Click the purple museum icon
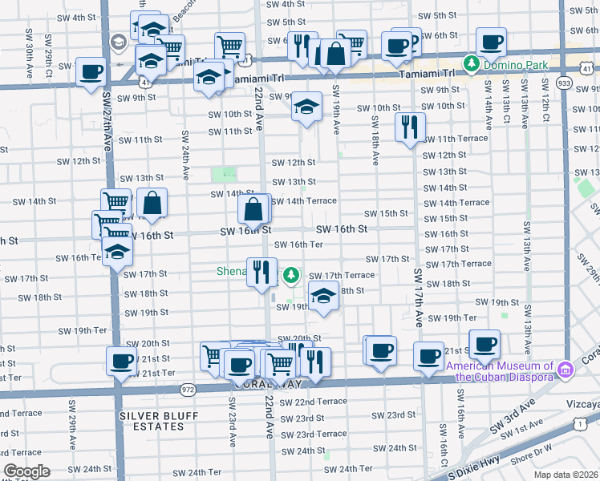(566, 370)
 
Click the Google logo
(27, 472)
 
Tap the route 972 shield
(189, 390)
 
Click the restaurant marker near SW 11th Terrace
(410, 127)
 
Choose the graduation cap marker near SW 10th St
(306, 107)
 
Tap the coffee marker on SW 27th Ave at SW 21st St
(121, 361)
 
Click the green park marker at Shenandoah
(291, 275)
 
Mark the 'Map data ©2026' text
(565, 475)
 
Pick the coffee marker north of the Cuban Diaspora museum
(484, 345)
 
